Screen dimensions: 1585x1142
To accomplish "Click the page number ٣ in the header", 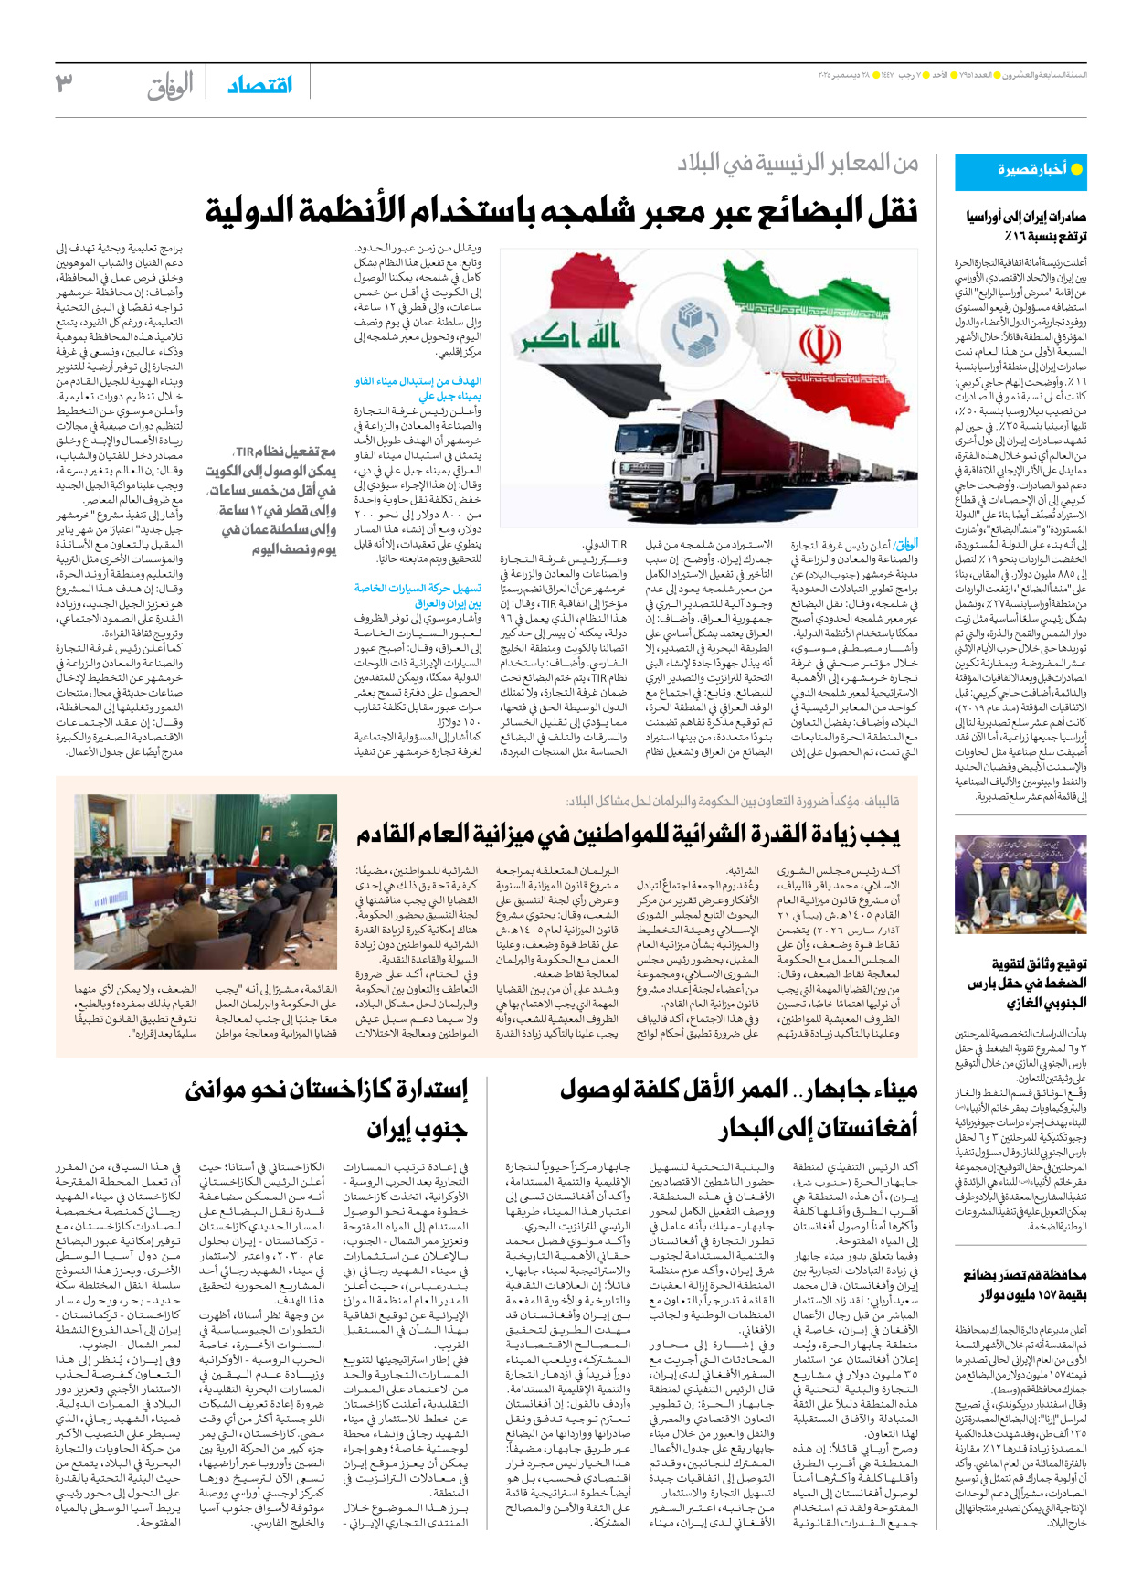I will (x=64, y=83).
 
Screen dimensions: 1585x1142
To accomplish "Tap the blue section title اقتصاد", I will (x=259, y=85).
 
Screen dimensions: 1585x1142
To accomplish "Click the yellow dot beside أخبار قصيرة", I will (x=1076, y=169).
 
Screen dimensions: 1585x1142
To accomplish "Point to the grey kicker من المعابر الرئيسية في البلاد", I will (x=798, y=163).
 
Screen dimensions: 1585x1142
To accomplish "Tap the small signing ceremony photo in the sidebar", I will (x=1020, y=883).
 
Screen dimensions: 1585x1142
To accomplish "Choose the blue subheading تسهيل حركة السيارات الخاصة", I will (x=418, y=589).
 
